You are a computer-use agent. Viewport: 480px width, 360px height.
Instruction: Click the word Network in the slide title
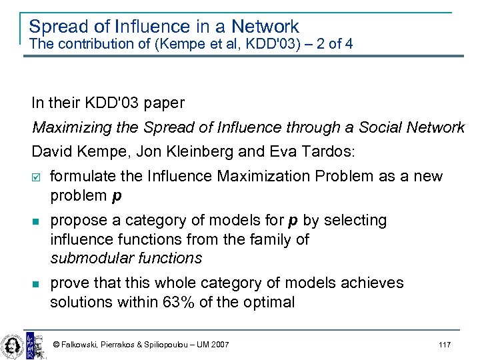click(265, 27)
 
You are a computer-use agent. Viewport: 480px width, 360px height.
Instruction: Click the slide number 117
click(445, 344)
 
